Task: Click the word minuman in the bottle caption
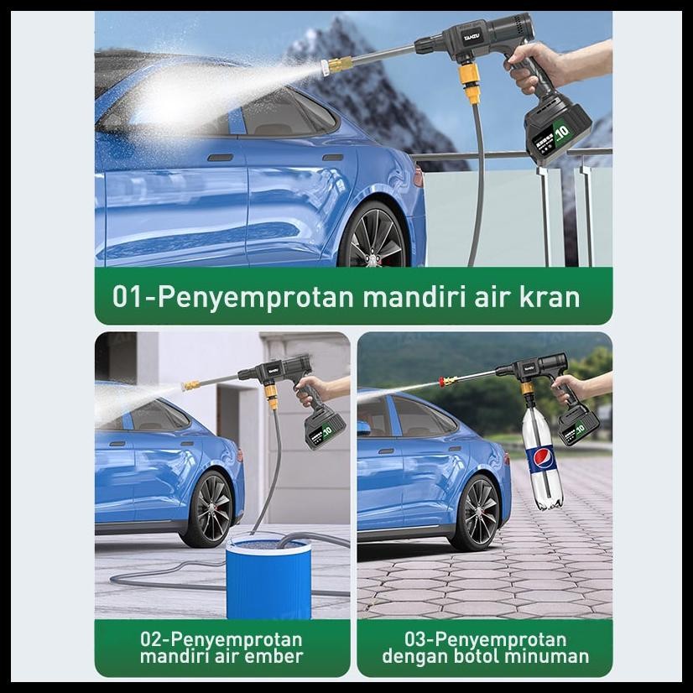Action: [x=550, y=656]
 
